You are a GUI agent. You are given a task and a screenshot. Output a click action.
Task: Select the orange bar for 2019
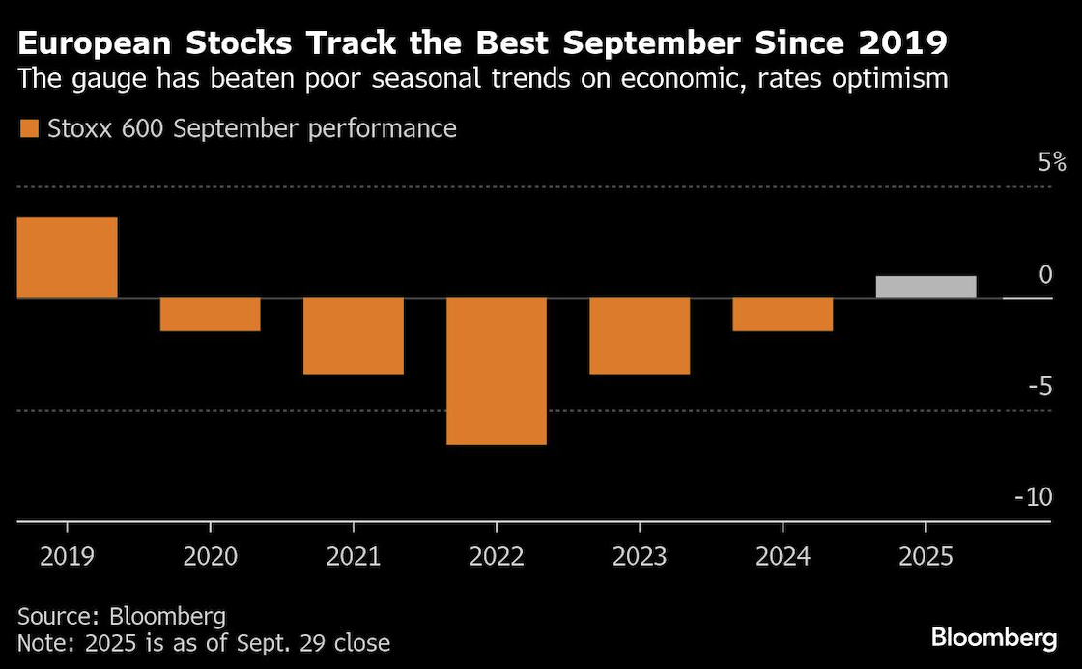(68, 258)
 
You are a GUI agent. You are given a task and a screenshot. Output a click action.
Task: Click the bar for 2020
(210, 315)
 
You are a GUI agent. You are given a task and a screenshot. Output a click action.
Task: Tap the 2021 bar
(353, 336)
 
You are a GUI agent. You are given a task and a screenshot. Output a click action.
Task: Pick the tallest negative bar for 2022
(496, 371)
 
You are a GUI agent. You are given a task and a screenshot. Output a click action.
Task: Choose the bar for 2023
(639, 336)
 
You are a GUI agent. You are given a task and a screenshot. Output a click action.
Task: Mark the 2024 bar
(782, 315)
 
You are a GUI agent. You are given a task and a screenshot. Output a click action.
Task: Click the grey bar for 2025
(925, 287)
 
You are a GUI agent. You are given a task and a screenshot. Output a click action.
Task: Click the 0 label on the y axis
(1044, 275)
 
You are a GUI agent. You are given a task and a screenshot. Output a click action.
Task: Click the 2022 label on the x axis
(496, 557)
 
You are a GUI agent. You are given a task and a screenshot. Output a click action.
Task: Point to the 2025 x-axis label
(925, 557)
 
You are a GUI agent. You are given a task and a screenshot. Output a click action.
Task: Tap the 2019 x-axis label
(67, 557)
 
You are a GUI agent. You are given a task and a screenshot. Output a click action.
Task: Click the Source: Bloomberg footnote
(122, 616)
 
